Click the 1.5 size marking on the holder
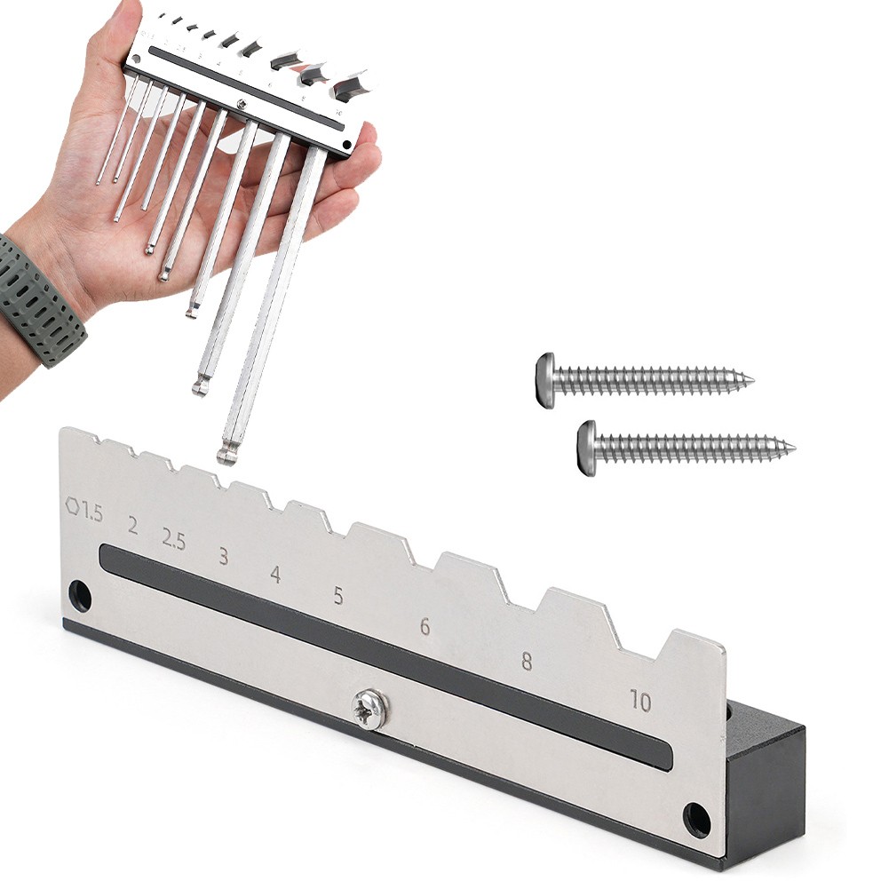point(91,512)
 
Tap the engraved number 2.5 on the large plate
point(173,539)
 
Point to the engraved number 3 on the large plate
point(224,556)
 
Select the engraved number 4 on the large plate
point(275,575)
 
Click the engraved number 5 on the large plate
point(338,595)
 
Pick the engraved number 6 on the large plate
point(425,626)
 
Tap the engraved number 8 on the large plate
point(527,661)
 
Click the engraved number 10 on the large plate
point(640,702)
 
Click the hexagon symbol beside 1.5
point(73,505)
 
